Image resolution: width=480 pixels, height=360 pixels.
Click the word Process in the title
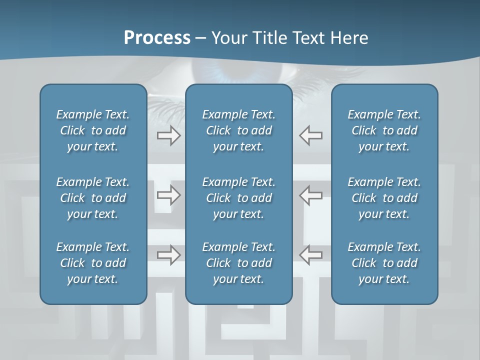point(157,38)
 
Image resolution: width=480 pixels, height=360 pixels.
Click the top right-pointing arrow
point(169,135)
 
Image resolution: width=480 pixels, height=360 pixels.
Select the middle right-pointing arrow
point(169,195)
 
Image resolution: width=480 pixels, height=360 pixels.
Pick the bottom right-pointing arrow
point(169,255)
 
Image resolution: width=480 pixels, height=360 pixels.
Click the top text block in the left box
point(93,130)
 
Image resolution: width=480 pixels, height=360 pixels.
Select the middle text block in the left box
point(93,198)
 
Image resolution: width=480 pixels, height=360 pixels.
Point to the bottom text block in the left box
point(93,263)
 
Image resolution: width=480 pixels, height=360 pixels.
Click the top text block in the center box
point(238,130)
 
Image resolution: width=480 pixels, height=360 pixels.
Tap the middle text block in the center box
point(238,198)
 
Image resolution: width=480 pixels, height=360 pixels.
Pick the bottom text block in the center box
point(238,263)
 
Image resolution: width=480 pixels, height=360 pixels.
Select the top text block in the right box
point(384,130)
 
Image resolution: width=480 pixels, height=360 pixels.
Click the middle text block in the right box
point(384,198)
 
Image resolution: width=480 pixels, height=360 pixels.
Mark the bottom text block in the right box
point(384,263)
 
